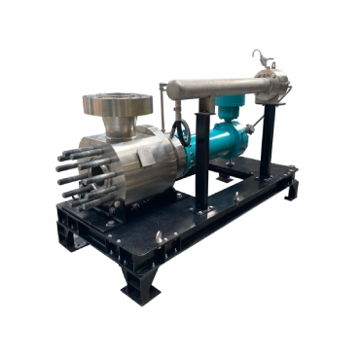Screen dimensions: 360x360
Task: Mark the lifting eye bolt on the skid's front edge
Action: [x=159, y=237]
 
